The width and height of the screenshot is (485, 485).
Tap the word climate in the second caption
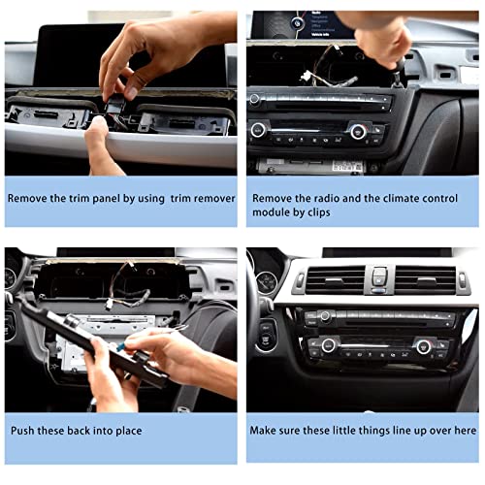(404, 198)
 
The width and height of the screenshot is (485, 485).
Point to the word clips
(319, 212)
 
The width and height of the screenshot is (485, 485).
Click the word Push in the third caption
(22, 431)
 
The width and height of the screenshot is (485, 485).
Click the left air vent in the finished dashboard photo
(335, 280)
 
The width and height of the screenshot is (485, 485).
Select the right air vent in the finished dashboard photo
(425, 280)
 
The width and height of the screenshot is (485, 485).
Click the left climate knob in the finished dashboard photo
(328, 345)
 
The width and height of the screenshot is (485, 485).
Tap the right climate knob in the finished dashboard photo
(423, 347)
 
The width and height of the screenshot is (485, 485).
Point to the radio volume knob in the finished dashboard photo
(325, 316)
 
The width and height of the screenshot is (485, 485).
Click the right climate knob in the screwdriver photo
(358, 131)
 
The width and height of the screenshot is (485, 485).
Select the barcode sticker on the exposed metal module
(347, 166)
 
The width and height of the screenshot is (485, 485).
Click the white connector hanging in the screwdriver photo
(305, 77)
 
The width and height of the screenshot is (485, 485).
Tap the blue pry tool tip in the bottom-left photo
(121, 347)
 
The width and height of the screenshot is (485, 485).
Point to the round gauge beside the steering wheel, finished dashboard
(267, 282)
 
